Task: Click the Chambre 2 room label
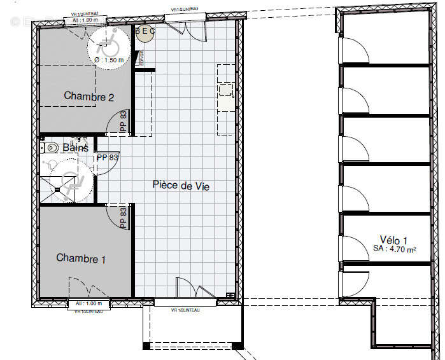(88, 97)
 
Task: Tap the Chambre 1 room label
(81, 258)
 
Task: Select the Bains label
(75, 148)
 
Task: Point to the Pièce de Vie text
(181, 186)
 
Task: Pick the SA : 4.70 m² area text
(394, 250)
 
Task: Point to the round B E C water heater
(145, 34)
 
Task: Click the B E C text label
(144, 29)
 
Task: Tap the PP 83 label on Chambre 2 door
(124, 121)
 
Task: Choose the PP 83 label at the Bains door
(107, 157)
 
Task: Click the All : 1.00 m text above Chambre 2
(85, 20)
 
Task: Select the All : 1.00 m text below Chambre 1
(85, 303)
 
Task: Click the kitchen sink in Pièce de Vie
(226, 90)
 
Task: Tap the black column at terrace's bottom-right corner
(237, 347)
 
